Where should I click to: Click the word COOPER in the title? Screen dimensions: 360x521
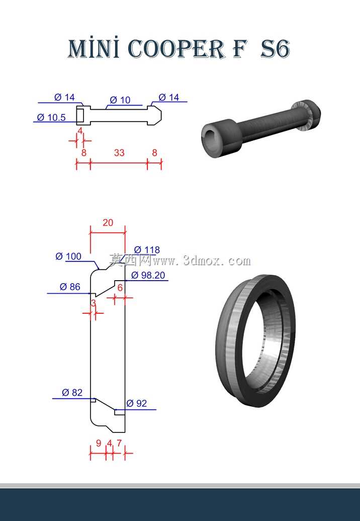[176, 49]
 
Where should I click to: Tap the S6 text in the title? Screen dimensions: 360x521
[275, 49]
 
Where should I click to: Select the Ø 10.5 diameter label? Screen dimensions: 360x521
[51, 117]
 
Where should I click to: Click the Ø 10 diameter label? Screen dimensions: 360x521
[120, 100]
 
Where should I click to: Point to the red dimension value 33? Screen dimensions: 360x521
[119, 152]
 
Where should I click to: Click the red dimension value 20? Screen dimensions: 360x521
[108, 223]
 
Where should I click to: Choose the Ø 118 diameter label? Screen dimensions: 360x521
[147, 249]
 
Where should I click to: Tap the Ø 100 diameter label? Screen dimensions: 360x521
[68, 256]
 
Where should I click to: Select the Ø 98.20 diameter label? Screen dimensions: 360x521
[148, 275]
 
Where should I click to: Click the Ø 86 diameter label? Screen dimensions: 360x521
[70, 287]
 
